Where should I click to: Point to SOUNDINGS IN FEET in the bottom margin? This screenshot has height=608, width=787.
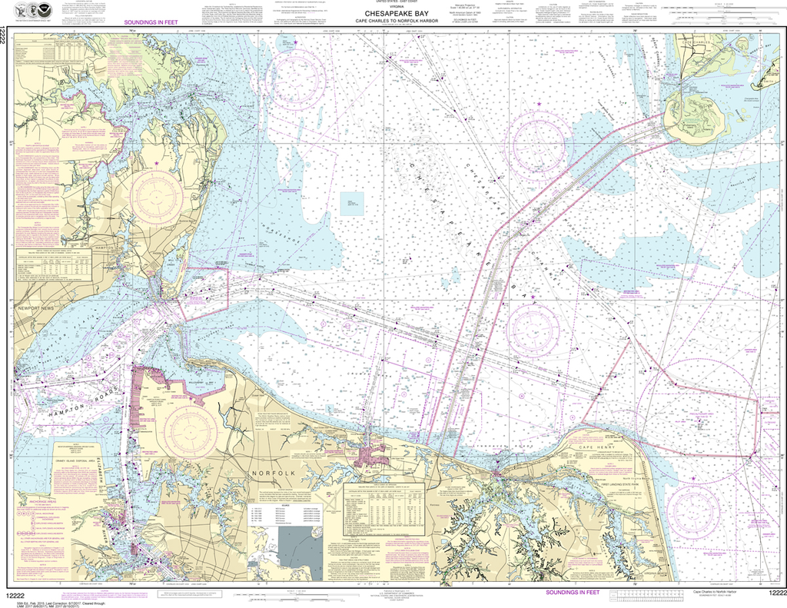572,593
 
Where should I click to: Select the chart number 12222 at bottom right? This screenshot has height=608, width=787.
770,593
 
